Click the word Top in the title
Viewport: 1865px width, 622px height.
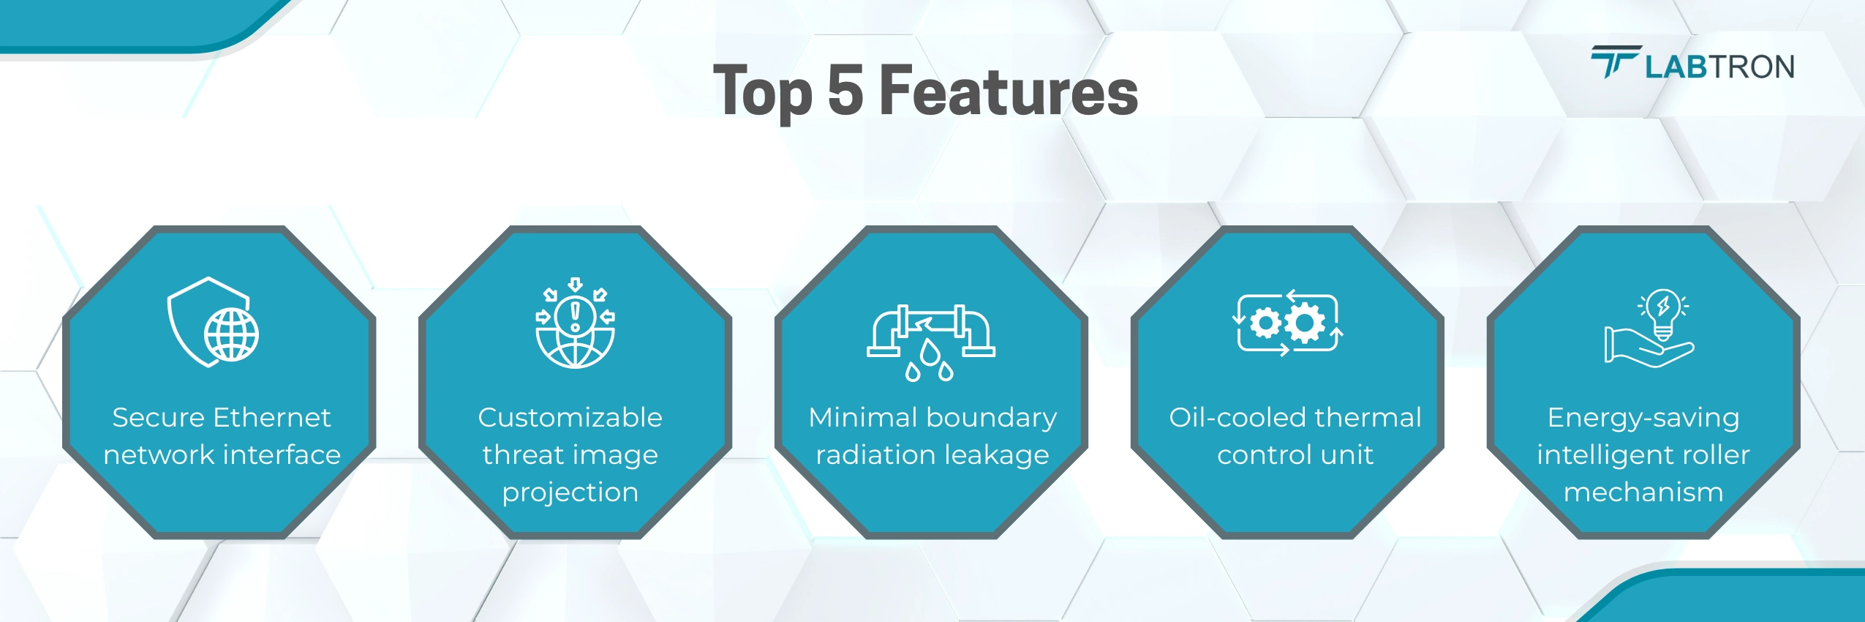click(763, 92)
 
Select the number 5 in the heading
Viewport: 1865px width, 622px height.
click(845, 90)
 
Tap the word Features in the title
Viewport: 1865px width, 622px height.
click(1009, 90)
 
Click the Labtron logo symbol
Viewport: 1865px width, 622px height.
click(1616, 61)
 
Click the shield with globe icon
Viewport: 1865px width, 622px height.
click(213, 322)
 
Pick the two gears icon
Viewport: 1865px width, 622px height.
click(1287, 323)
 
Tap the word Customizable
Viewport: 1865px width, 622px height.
click(570, 418)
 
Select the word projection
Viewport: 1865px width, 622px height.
click(570, 493)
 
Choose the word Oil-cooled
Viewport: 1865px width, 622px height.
click(1237, 418)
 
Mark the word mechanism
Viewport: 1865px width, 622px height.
click(1643, 492)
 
